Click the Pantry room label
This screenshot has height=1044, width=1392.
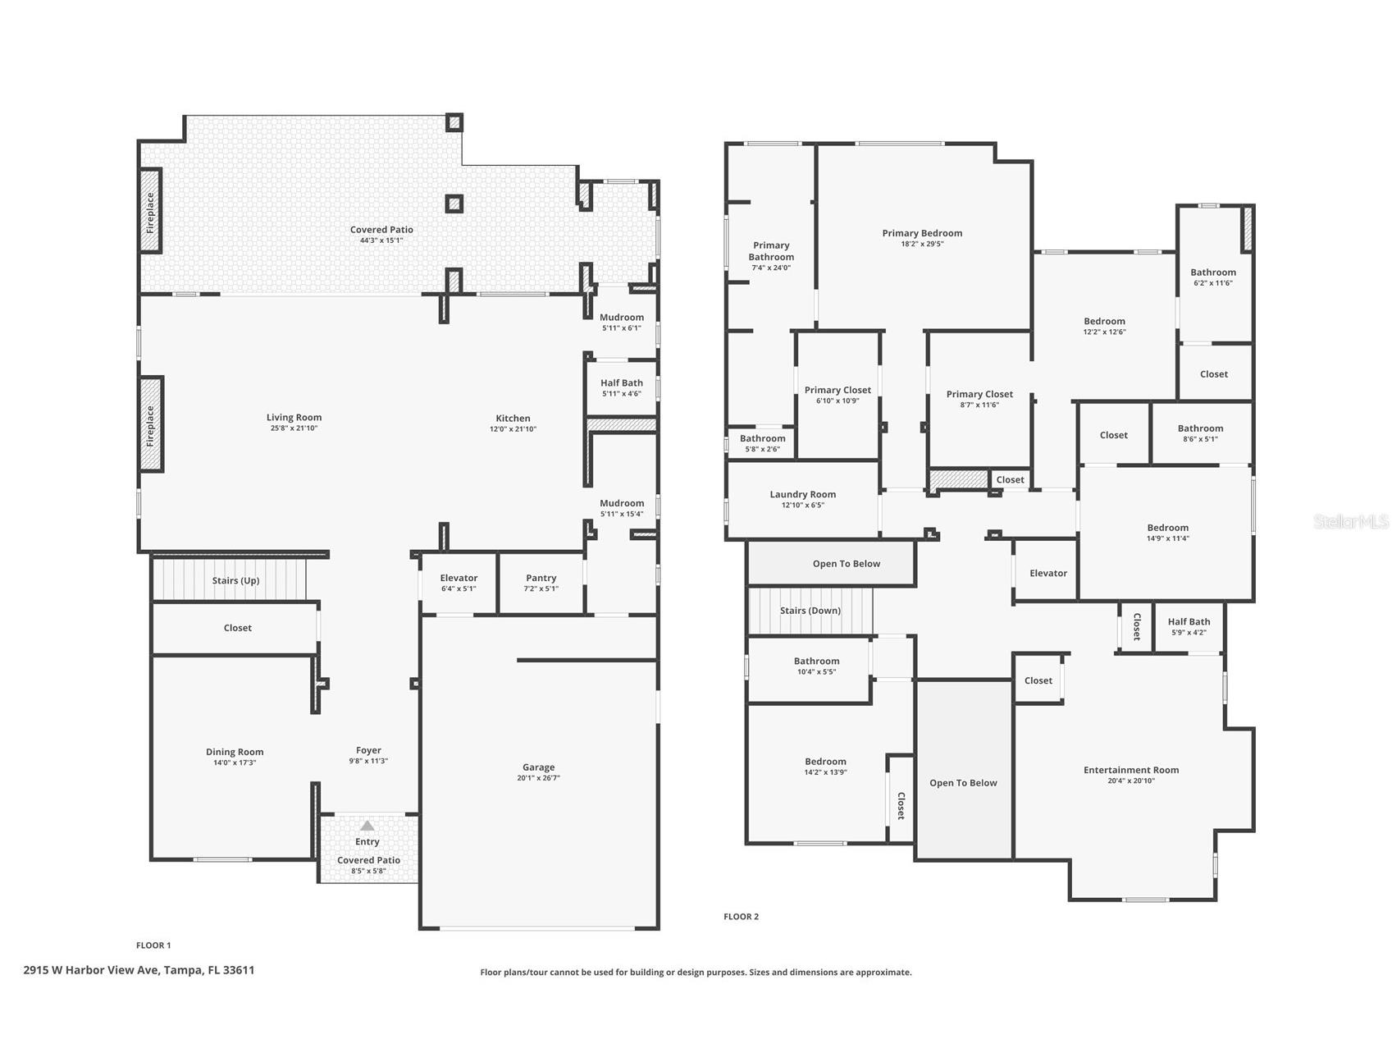[x=541, y=578]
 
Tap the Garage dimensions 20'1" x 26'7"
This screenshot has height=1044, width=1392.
[x=538, y=778]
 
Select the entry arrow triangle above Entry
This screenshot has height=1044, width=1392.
[x=367, y=826]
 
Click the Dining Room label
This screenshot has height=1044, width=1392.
[x=235, y=752]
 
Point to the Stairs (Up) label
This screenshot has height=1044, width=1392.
[x=235, y=580]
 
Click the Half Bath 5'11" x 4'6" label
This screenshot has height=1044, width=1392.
[x=621, y=383]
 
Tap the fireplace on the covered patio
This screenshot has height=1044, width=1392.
[x=150, y=213]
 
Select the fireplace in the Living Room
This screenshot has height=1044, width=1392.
[x=151, y=424]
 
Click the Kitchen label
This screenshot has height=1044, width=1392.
[x=513, y=419]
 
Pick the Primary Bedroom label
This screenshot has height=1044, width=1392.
[x=922, y=233]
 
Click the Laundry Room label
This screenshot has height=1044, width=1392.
[x=802, y=494]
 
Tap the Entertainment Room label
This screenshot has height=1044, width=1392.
[x=1130, y=770]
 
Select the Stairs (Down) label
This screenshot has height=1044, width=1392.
[x=810, y=611]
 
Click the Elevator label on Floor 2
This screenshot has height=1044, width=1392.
[x=1047, y=573]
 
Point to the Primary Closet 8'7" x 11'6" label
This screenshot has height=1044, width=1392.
[x=979, y=394]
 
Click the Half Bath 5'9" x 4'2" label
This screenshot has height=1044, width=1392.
[x=1189, y=622]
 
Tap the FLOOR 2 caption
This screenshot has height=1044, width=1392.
[x=741, y=917]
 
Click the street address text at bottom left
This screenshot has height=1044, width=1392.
[x=139, y=970]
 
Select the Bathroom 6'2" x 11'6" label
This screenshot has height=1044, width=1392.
[x=1212, y=272]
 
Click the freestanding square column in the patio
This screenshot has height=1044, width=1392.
[x=454, y=203]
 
